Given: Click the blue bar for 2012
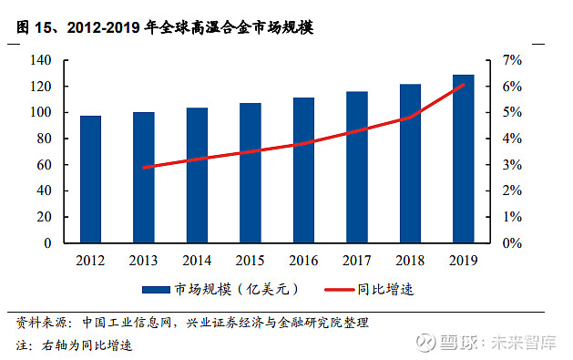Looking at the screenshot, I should click(x=90, y=180).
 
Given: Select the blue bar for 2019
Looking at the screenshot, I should click(x=464, y=159).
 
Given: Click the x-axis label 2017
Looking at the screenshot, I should click(x=357, y=261).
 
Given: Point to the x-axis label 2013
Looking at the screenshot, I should click(x=143, y=261).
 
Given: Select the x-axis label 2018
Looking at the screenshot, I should click(x=410, y=261).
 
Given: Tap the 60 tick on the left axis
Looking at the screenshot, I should click(x=43, y=165).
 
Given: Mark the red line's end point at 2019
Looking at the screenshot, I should click(x=464, y=85).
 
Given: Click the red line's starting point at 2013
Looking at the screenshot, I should click(x=144, y=167).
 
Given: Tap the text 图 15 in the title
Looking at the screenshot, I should click(x=35, y=27).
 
